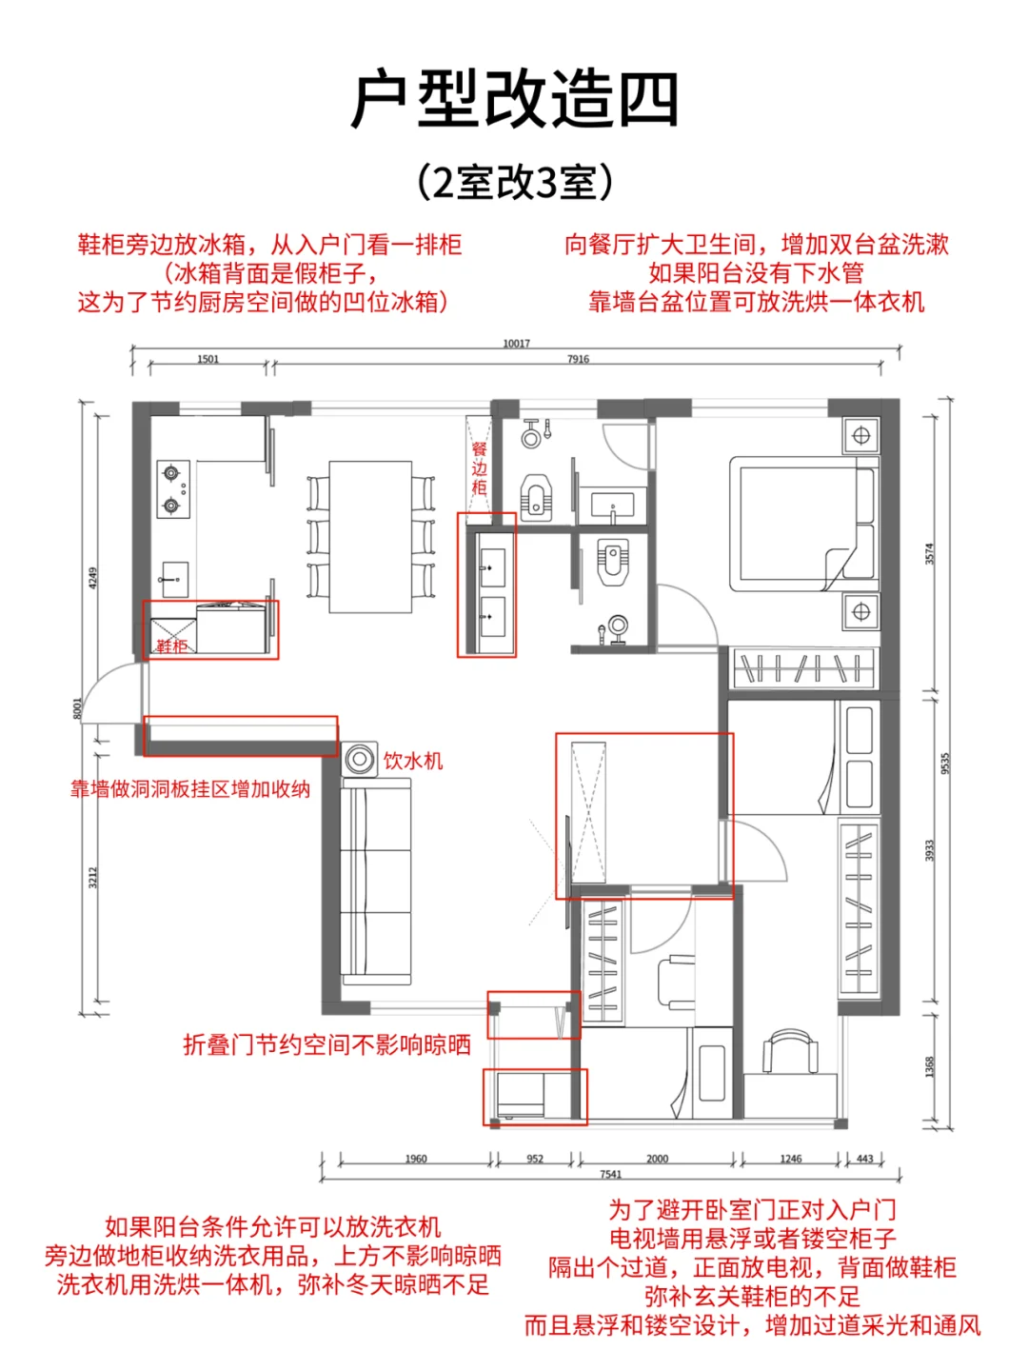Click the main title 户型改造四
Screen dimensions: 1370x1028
click(514, 99)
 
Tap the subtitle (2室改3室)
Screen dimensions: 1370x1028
click(514, 182)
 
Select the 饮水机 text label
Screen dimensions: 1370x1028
click(413, 761)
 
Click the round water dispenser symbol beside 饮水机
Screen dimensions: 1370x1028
click(360, 759)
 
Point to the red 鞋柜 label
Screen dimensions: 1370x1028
click(171, 646)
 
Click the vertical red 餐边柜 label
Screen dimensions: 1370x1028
click(480, 468)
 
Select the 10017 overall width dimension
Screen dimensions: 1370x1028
click(516, 344)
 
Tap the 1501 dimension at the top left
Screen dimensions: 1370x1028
click(208, 359)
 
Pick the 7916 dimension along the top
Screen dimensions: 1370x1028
click(578, 359)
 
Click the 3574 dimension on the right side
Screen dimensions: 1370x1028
click(930, 553)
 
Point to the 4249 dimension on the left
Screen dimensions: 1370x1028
click(93, 578)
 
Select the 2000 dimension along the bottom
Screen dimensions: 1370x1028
click(657, 1159)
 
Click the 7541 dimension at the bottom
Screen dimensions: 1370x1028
click(610, 1174)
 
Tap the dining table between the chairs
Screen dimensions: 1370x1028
click(370, 537)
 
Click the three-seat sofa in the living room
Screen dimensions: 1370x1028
click(376, 881)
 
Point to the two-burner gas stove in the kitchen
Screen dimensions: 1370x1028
click(173, 488)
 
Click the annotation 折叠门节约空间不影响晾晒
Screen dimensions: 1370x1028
click(326, 1045)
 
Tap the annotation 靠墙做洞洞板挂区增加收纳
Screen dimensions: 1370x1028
click(189, 789)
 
